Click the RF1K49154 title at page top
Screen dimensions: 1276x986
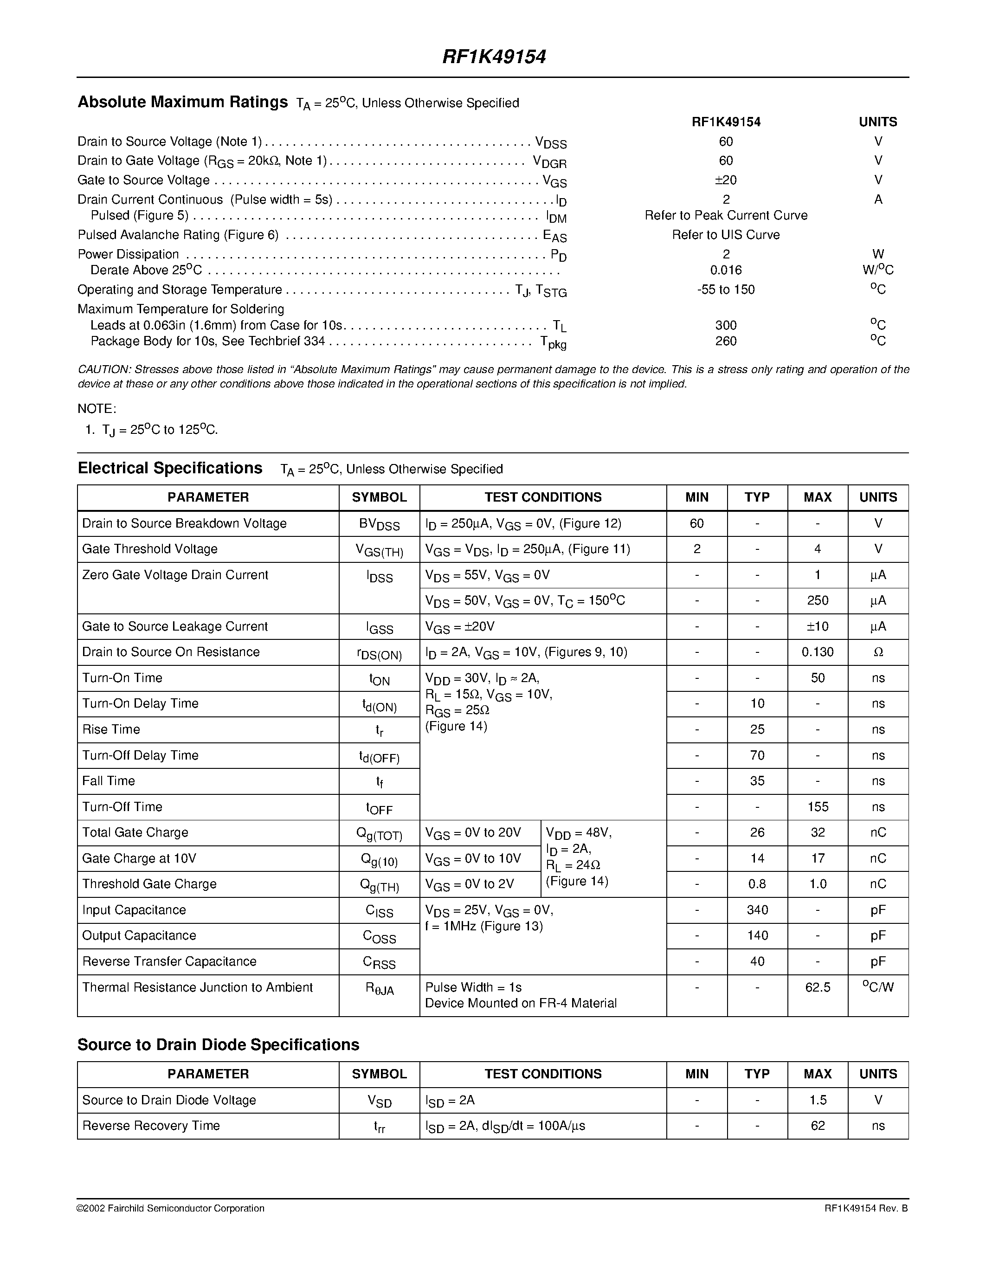pyautogui.click(x=494, y=57)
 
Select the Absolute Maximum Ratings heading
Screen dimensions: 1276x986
pyautogui.click(x=182, y=102)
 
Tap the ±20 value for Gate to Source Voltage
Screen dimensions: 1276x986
pyautogui.click(x=726, y=180)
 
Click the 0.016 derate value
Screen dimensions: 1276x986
pyautogui.click(x=726, y=270)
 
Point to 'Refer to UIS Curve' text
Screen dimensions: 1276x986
pyautogui.click(x=726, y=235)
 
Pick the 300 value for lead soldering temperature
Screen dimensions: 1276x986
pyautogui.click(x=726, y=325)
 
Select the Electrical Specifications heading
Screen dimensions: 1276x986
pyautogui.click(x=170, y=469)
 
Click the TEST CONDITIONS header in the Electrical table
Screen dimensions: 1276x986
pyautogui.click(x=543, y=497)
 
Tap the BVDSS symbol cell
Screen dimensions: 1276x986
pyautogui.click(x=379, y=524)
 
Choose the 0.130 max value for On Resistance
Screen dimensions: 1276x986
pyautogui.click(x=817, y=652)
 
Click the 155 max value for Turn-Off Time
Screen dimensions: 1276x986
pyautogui.click(x=817, y=807)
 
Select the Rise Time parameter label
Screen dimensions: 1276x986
pyautogui.click(x=111, y=729)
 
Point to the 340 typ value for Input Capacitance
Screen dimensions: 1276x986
pyautogui.click(x=757, y=910)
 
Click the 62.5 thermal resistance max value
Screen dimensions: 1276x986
pyautogui.click(x=817, y=987)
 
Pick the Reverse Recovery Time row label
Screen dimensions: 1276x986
pyautogui.click(x=151, y=1125)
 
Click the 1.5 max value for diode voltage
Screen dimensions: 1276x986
pyautogui.click(x=817, y=1100)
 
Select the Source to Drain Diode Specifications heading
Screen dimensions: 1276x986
pyautogui.click(x=218, y=1044)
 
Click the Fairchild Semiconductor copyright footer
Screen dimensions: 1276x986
pyautogui.click(x=171, y=1208)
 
